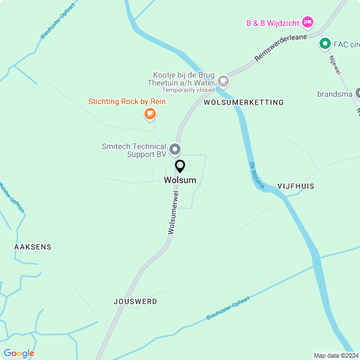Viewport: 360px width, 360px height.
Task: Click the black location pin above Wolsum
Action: [180, 166]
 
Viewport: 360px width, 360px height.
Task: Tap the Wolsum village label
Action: [180, 180]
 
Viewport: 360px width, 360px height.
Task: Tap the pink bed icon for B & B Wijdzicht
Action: [307, 22]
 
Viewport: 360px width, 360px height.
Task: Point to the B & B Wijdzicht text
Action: [272, 23]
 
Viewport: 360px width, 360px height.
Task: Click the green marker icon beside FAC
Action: [325, 43]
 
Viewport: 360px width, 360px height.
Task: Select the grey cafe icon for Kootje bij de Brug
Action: [223, 81]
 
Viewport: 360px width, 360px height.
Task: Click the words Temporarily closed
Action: [188, 90]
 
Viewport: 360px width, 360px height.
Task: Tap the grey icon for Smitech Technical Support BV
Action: [175, 149]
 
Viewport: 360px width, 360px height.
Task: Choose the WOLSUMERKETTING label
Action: [244, 102]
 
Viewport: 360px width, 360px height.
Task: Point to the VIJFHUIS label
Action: [295, 186]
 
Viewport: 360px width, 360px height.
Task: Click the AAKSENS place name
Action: [33, 247]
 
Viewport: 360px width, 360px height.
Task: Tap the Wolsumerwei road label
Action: [173, 212]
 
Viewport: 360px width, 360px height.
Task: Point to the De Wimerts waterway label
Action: [256, 175]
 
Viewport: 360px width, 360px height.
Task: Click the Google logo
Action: [19, 353]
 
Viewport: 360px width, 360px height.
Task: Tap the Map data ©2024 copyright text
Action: [335, 355]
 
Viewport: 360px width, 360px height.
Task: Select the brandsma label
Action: [334, 94]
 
